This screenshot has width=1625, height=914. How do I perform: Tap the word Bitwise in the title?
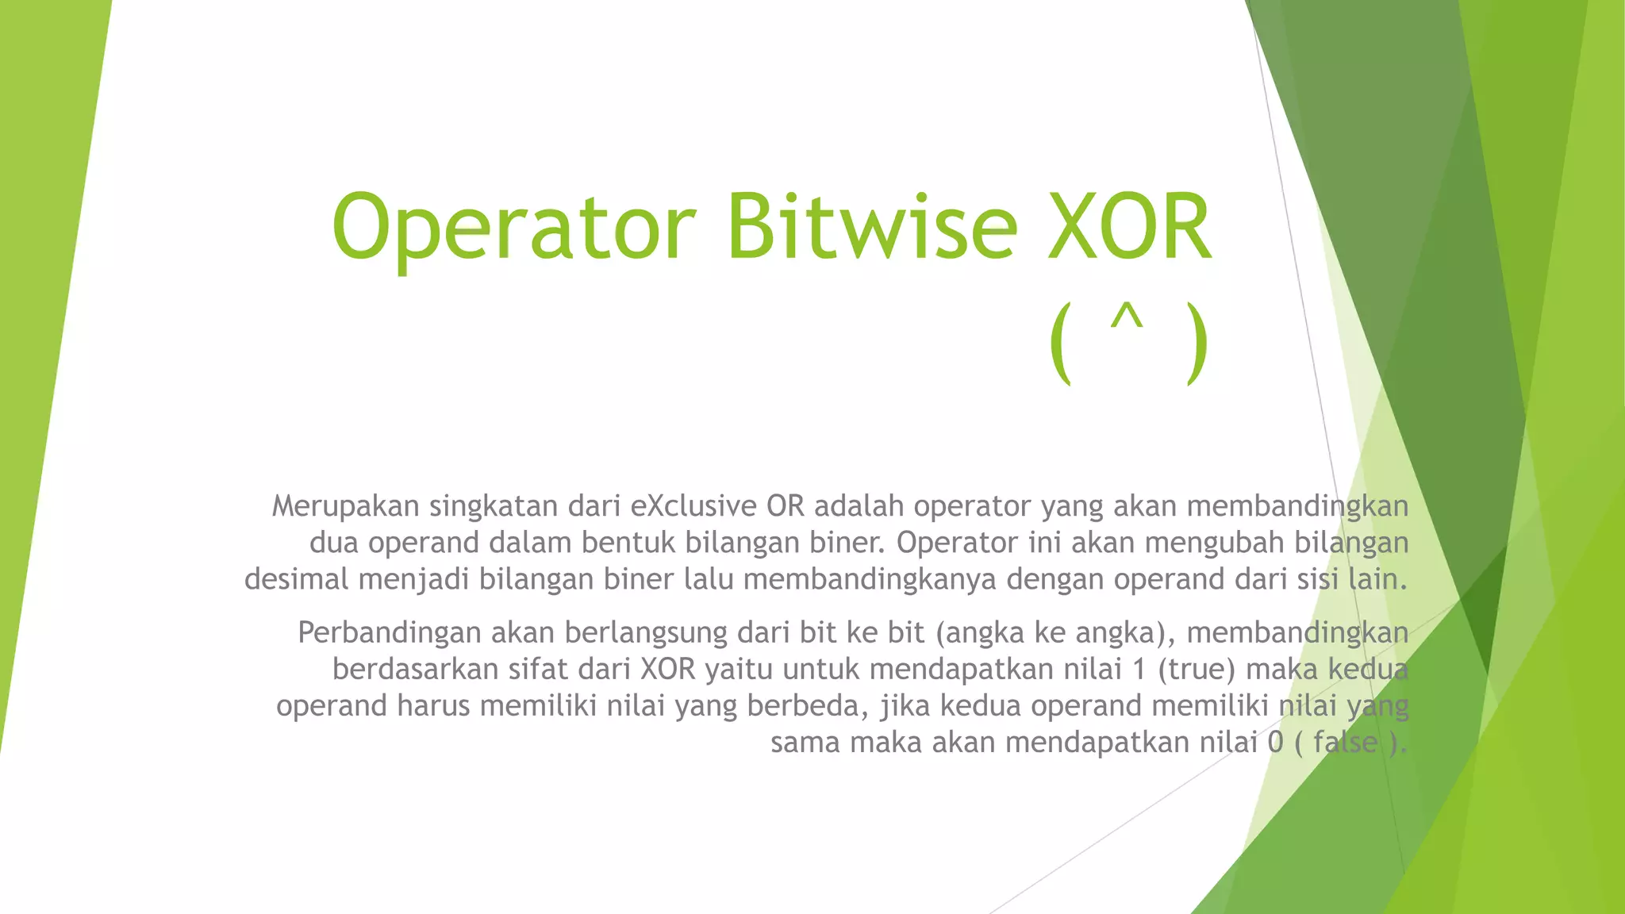tap(870, 228)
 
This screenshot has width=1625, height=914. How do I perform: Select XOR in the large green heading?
tap(1130, 228)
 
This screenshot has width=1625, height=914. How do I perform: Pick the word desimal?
tap(296, 579)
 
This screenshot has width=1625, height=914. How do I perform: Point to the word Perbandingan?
tap(389, 633)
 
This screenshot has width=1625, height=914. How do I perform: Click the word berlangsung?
tap(646, 633)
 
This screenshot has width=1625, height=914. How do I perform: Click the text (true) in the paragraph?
tap(1197, 670)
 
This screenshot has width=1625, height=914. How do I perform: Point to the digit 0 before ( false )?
tap(1274, 743)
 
